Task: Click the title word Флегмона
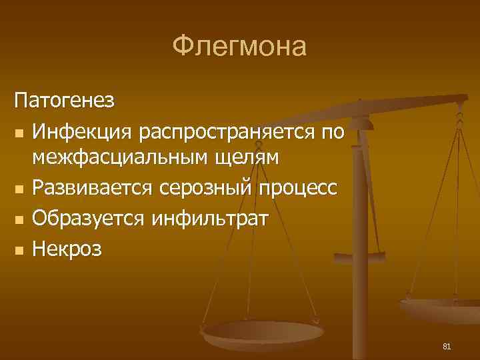239,47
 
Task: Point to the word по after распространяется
332,132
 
